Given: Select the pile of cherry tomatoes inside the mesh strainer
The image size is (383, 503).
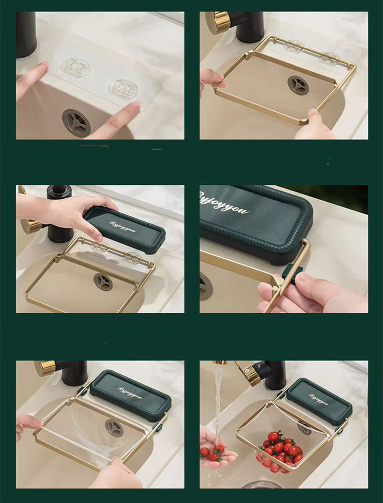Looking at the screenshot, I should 279,449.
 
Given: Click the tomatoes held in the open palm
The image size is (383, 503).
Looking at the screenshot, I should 213,451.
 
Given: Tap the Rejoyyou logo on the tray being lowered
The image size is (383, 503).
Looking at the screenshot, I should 122,227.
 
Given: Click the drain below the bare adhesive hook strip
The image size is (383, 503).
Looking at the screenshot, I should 76,122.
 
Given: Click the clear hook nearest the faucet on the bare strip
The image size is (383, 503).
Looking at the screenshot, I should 75,68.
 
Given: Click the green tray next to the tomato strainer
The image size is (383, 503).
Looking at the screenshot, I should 319,401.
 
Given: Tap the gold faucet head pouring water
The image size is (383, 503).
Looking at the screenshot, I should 246,373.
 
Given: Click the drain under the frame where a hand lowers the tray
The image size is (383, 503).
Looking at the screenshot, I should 103,281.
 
